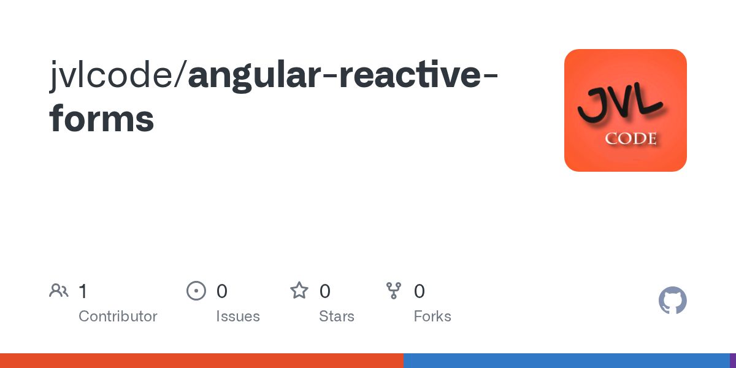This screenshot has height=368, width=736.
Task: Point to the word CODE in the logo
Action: point(631,139)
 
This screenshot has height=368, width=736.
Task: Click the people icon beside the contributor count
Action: point(59,291)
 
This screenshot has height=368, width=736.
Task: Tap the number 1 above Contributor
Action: point(83,291)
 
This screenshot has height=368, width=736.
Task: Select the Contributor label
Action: point(118,316)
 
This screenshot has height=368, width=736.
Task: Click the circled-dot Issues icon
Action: point(196,291)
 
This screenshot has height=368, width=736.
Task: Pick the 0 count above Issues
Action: point(222,291)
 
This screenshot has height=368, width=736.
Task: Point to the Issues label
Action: point(238,316)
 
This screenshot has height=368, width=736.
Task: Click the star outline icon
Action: point(299,291)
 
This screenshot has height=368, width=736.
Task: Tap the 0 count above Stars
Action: point(325,291)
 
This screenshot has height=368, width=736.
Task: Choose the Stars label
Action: point(337,316)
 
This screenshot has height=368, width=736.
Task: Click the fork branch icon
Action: point(394,291)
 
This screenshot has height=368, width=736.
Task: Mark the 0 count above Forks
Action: point(420,291)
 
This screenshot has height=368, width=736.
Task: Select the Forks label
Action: point(432,316)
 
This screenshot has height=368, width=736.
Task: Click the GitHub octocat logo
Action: point(672,301)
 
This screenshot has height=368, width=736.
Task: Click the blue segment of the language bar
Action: point(566,361)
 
